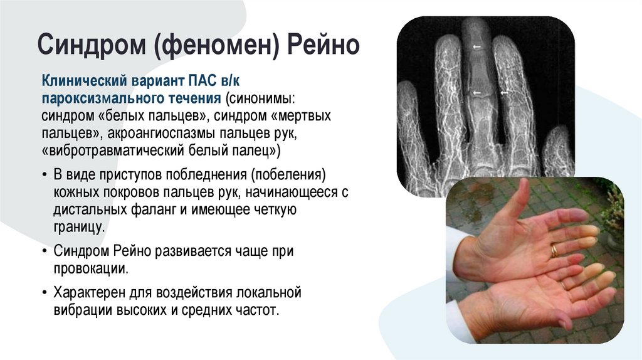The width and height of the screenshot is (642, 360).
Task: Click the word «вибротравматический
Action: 112,151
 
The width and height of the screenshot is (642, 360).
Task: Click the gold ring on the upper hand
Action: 554,250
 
